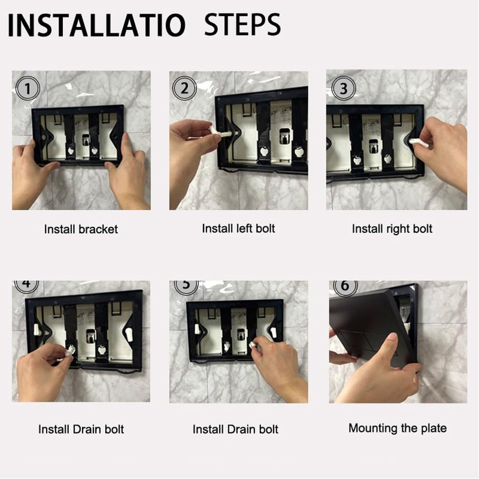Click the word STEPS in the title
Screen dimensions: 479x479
point(242,26)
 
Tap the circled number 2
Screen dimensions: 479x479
point(184,89)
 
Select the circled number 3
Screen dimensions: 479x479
point(343,89)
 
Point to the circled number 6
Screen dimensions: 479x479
point(344,286)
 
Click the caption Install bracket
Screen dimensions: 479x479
point(81,229)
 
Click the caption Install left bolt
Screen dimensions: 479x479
point(238,228)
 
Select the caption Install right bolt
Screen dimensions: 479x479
point(392,229)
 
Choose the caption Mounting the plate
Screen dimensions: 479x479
point(398,428)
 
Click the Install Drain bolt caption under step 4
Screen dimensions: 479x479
point(81,429)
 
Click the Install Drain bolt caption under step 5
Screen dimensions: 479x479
point(235,429)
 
